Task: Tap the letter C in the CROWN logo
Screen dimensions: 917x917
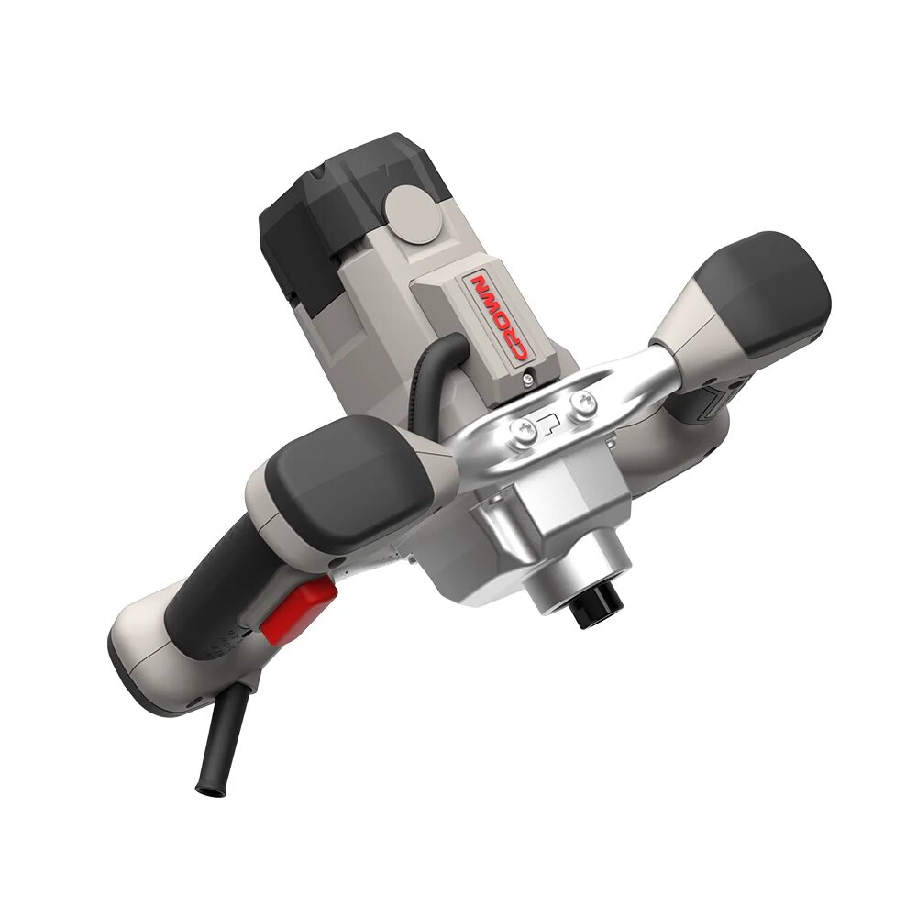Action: click(517, 352)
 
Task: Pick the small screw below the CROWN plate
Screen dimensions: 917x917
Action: click(529, 379)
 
